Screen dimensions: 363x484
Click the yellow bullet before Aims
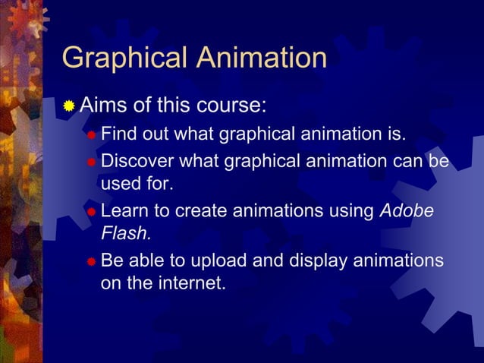tap(69, 106)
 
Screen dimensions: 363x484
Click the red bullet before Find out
tap(91, 136)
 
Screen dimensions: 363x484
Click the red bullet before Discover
tap(91, 163)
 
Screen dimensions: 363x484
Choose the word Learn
tap(124, 210)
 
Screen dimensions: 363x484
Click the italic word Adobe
tap(407, 210)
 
